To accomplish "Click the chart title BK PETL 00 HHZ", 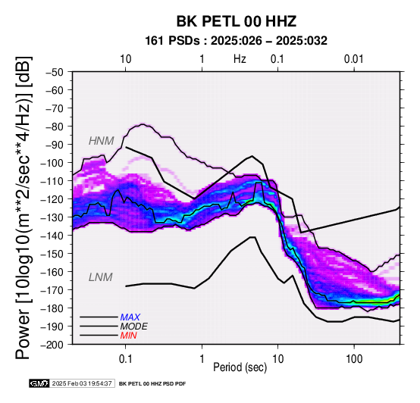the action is click(237, 21).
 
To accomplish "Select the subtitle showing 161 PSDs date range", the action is click(236, 41).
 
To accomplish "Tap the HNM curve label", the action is click(102, 141).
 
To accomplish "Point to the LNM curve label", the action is click(100, 277).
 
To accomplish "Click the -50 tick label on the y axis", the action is click(55, 72).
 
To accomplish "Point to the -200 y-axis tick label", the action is click(52, 345).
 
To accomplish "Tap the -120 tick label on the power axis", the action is click(52, 199).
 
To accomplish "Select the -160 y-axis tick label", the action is click(52, 272).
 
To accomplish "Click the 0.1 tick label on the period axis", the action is click(126, 359).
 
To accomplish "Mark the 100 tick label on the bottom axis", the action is click(354, 359).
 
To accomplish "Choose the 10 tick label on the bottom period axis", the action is click(277, 359).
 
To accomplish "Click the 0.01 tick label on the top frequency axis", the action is click(354, 59).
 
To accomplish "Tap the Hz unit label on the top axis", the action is click(240, 59).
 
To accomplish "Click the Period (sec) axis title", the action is click(240, 367).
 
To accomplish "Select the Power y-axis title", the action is click(24, 208).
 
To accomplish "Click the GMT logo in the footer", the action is click(39, 383).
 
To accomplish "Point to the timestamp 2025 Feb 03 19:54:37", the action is click(82, 383).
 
